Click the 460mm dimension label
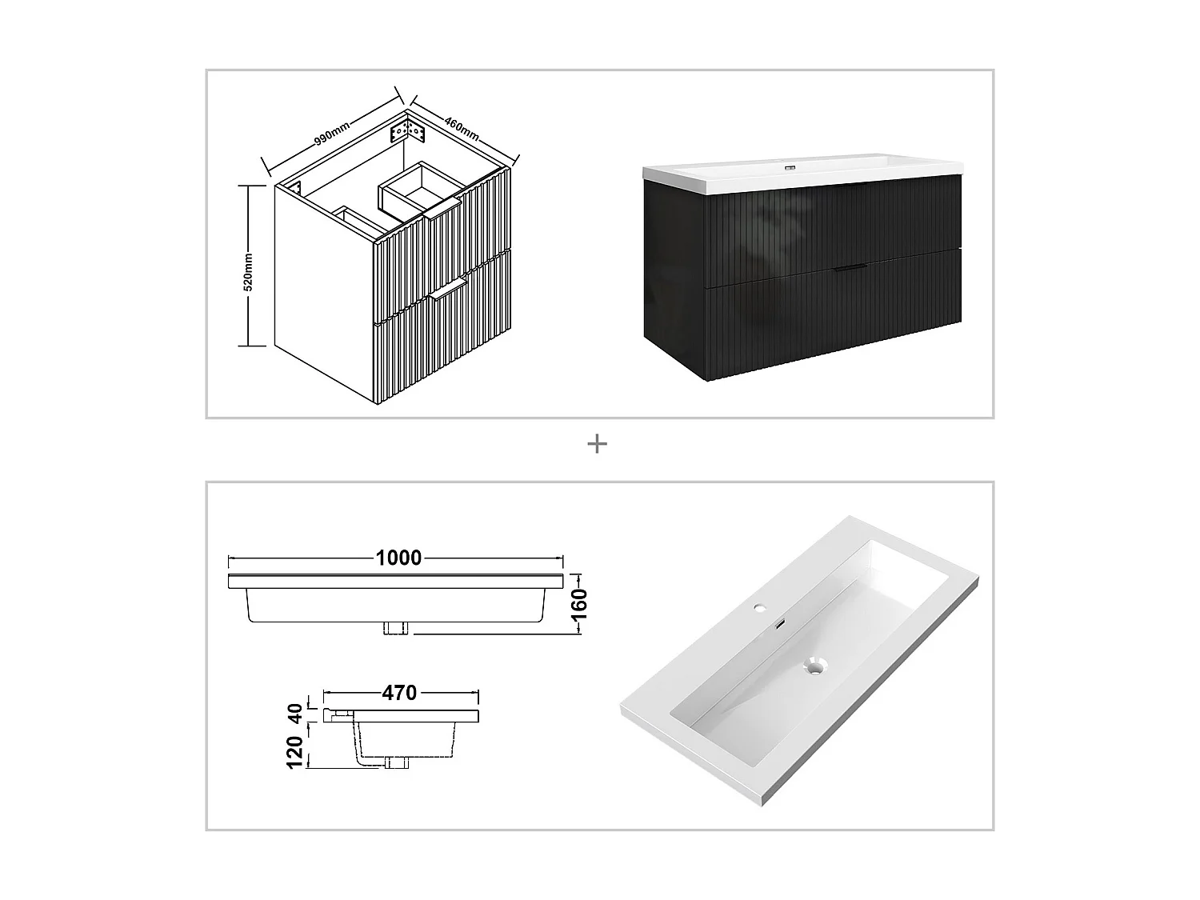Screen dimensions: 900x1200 coord(462,126)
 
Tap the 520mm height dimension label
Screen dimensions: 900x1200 coord(248,272)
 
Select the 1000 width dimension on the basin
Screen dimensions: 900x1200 coord(398,558)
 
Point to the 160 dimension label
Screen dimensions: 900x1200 coord(581,605)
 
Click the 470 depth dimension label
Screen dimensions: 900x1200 coord(398,693)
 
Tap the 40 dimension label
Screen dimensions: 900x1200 coord(295,713)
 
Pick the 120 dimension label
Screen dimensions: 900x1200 coord(295,754)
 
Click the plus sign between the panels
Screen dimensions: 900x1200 coord(597,444)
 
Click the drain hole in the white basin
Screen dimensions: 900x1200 coord(814,665)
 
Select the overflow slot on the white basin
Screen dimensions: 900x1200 coord(780,623)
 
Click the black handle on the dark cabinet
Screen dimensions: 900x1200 coord(849,269)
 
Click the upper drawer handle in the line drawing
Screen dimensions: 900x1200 coord(442,210)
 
